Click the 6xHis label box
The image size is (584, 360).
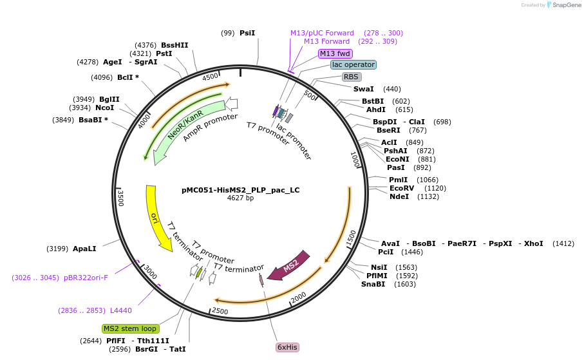point(287,347)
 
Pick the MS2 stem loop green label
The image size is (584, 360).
point(130,328)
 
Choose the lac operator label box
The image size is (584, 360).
point(353,64)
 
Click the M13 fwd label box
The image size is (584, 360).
point(335,53)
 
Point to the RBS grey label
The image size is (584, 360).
point(351,77)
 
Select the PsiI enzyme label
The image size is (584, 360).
point(247,33)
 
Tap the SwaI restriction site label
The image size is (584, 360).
point(363,89)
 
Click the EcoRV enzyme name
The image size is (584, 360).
point(402,188)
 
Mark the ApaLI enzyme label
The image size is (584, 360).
point(84,248)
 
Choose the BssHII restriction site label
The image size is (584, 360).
point(174,45)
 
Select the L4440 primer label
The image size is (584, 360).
point(121,310)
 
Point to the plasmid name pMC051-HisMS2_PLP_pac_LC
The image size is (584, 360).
point(240,190)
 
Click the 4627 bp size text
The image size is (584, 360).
point(240,198)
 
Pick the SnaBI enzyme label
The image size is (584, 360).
point(373,284)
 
